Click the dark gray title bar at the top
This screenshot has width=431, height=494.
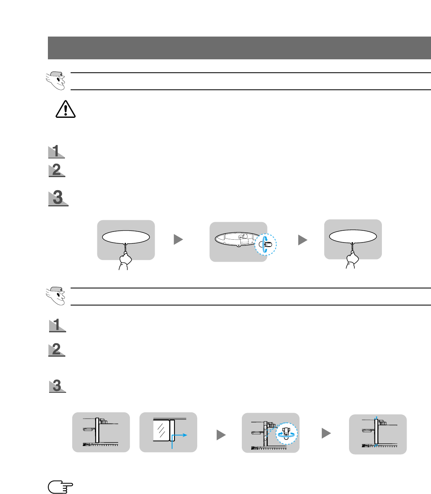pos(239,48)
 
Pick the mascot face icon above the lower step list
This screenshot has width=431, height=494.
pos(56,295)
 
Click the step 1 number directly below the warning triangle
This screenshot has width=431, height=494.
pos(56,152)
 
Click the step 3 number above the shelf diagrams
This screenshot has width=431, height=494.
pos(57,386)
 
